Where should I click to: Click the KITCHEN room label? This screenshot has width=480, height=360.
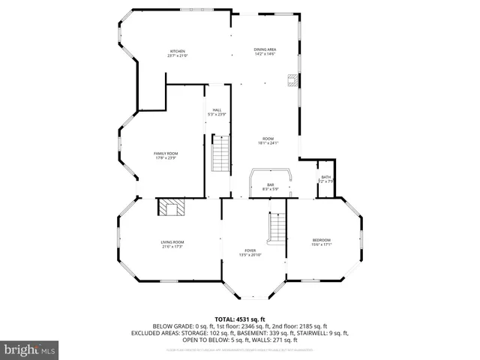tap(177, 51)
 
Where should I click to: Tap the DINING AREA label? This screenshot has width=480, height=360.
tap(265, 49)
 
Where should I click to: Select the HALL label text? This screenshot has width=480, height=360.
tap(217, 109)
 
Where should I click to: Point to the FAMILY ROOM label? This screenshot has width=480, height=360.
tap(166, 153)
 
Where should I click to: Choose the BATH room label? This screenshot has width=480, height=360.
tap(325, 177)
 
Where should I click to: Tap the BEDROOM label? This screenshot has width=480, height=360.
tap(321, 240)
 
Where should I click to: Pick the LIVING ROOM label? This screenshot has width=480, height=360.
tap(172, 241)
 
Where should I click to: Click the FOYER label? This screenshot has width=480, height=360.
tap(250, 250)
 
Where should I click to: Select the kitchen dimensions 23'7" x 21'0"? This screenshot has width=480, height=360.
tap(177, 55)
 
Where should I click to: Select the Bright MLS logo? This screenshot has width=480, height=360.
tap(29, 349)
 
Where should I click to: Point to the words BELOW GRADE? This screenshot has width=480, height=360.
tap(172, 326)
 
